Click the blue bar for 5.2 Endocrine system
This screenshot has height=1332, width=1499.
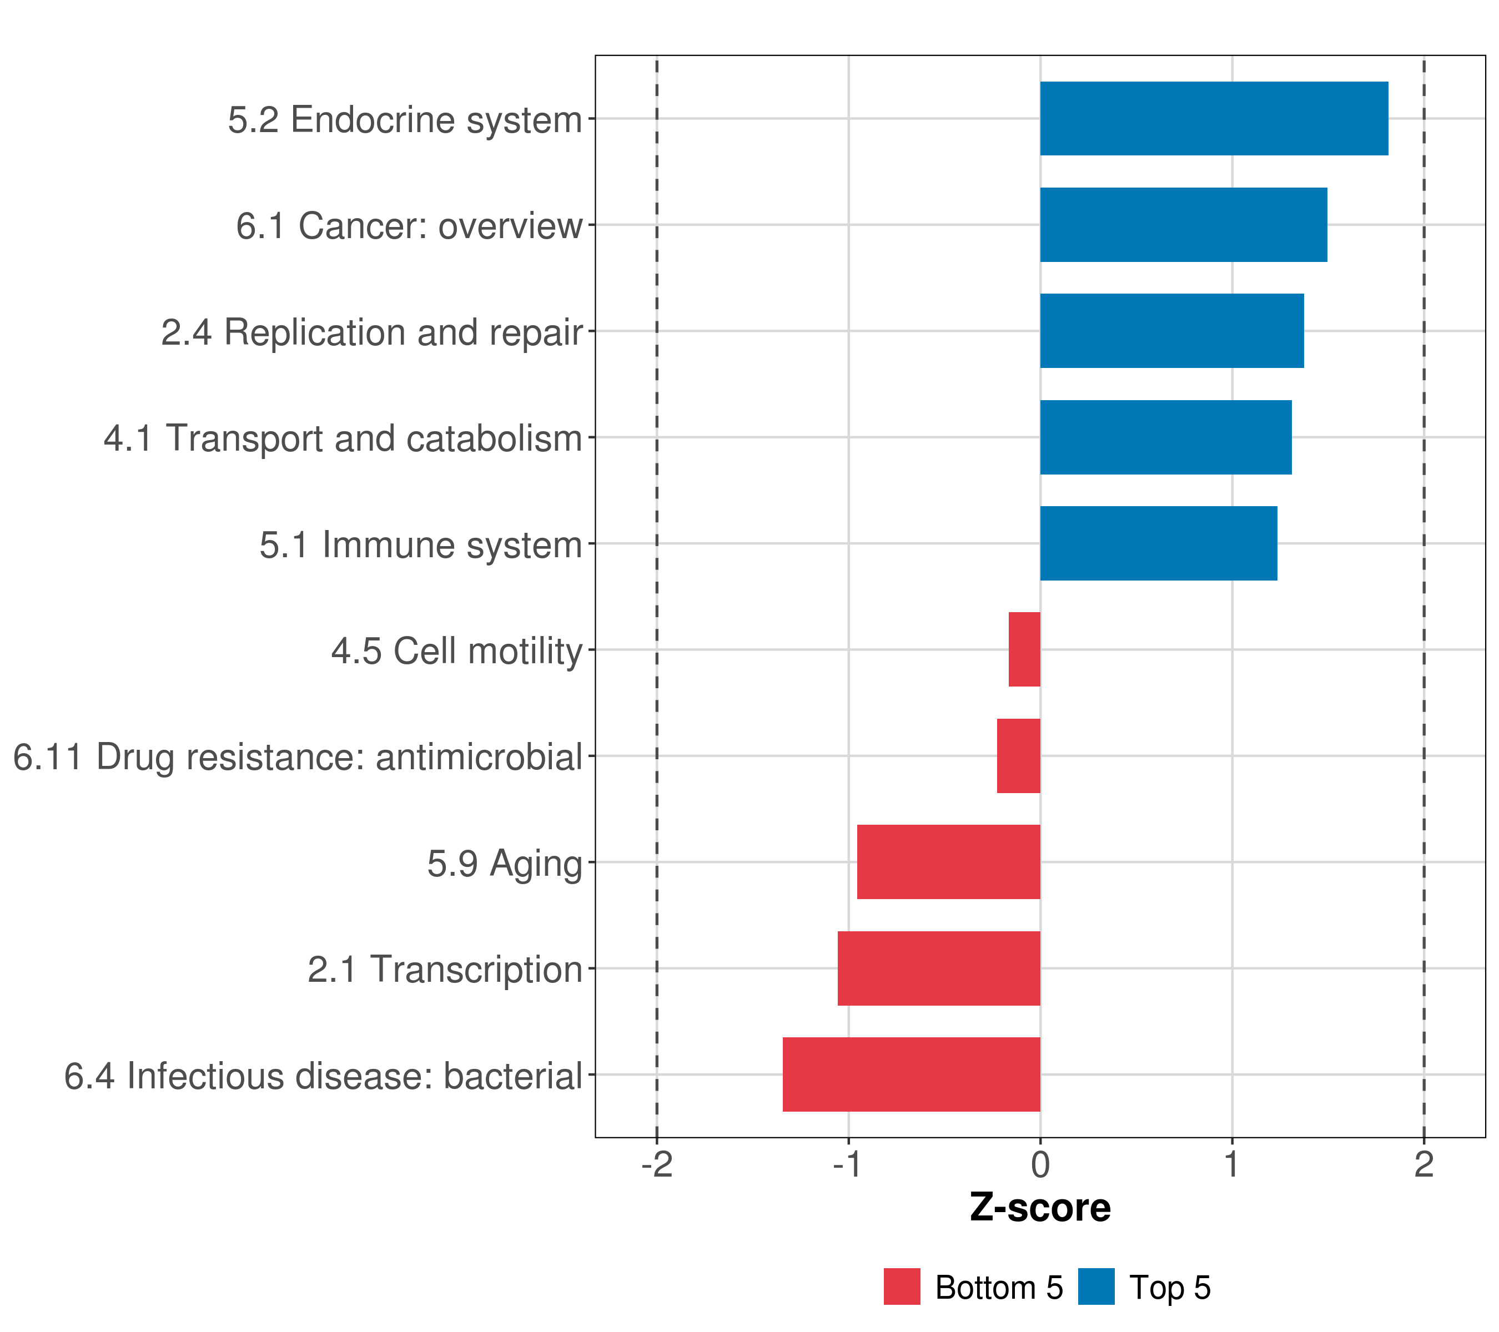pyautogui.click(x=1214, y=118)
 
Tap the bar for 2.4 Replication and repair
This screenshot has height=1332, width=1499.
pyautogui.click(x=1171, y=331)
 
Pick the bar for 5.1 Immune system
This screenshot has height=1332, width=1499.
pyautogui.click(x=1158, y=543)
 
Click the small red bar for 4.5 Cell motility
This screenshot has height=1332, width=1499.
pyautogui.click(x=1024, y=649)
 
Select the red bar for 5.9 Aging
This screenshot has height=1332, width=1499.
pyautogui.click(x=948, y=862)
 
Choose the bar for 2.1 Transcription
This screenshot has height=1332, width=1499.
pyautogui.click(x=939, y=968)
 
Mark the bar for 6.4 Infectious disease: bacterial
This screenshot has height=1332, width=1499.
pyautogui.click(x=911, y=1074)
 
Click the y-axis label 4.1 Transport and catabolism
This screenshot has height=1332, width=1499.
pyautogui.click(x=343, y=438)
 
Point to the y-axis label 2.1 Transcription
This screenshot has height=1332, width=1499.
pyautogui.click(x=444, y=969)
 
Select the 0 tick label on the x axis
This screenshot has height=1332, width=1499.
pyautogui.click(x=1040, y=1165)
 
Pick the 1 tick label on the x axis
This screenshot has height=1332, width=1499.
pyautogui.click(x=1231, y=1165)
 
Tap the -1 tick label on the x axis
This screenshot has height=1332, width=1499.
pyautogui.click(x=847, y=1165)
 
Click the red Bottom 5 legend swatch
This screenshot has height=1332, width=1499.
pyautogui.click(x=901, y=1286)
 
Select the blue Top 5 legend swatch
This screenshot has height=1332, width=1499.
pyautogui.click(x=1095, y=1286)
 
